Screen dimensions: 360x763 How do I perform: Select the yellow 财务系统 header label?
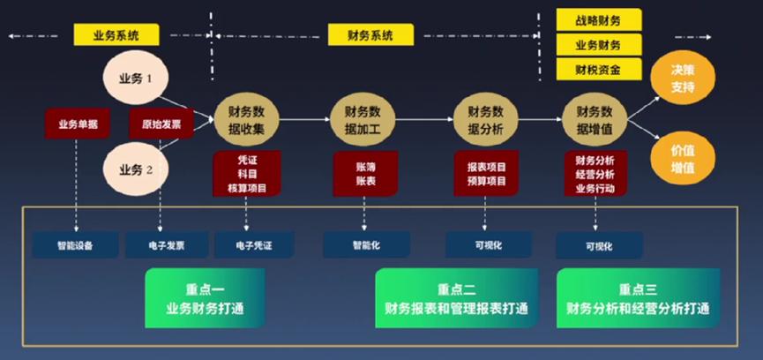370,35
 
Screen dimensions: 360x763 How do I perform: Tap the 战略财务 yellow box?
598,19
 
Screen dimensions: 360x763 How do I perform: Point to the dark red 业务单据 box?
78,124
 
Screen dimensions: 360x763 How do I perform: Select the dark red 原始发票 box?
161,124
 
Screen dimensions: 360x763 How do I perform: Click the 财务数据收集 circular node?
246,118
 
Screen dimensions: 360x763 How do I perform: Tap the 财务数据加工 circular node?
362,118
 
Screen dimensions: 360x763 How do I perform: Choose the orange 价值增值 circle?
684,159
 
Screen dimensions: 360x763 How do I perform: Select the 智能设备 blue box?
76,244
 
